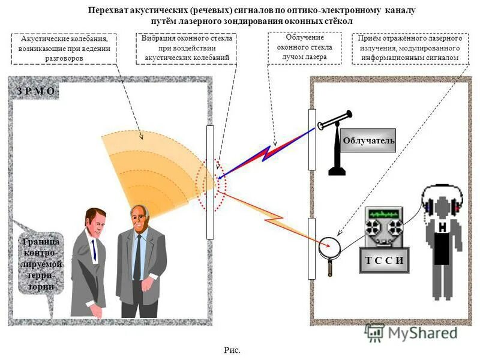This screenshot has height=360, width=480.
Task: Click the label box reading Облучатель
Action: click(369, 140)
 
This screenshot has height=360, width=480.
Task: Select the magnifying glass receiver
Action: click(329, 247)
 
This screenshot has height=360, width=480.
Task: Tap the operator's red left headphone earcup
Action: click(427, 206)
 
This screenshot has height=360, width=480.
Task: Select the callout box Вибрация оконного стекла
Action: click(186, 48)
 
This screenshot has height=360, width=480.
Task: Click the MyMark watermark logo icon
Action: click(375, 332)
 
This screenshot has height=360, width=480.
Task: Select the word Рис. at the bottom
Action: click(232, 350)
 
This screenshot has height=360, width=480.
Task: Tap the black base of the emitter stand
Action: click(337, 172)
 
